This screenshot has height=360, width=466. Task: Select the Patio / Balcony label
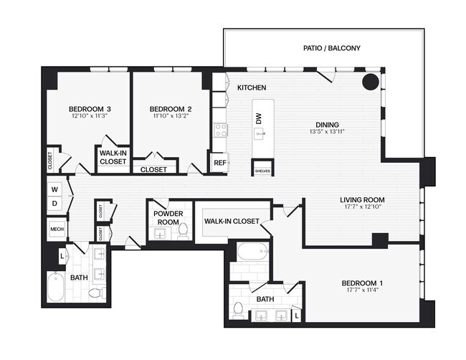click(331, 49)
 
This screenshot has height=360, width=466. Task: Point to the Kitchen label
click(252, 87)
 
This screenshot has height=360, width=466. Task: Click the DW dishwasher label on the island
click(259, 118)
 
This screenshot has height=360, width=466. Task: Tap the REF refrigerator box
click(219, 163)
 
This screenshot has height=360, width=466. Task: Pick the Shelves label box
click(262, 171)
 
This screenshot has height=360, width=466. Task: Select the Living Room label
click(362, 200)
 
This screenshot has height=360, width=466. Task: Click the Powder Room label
click(167, 217)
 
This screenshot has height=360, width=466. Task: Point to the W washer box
click(55, 189)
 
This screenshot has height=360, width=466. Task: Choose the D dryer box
click(55, 204)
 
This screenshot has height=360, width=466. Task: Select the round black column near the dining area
click(370, 81)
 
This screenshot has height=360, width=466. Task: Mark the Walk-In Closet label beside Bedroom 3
click(113, 158)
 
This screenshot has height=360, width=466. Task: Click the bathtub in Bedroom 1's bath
click(252, 252)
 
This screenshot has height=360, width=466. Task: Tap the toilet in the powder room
click(182, 230)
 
